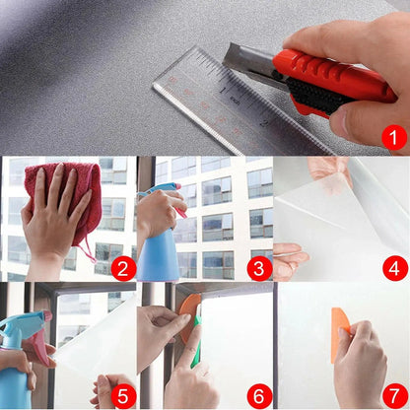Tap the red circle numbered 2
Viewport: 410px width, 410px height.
tap(122, 266)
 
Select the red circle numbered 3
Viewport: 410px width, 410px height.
tap(259, 266)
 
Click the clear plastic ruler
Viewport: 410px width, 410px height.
tap(212, 94)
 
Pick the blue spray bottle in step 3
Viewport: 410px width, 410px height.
tap(158, 246)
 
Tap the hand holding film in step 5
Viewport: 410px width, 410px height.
tap(113, 389)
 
